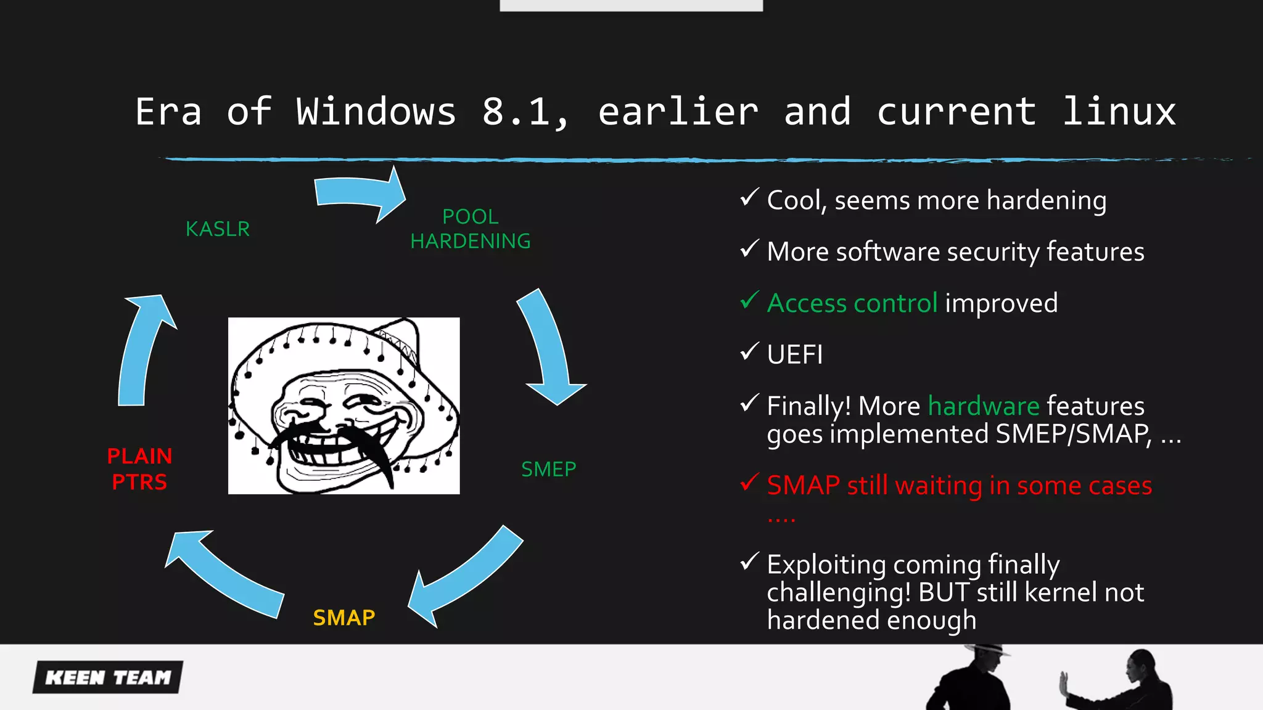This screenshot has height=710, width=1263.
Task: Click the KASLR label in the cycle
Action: coord(218,229)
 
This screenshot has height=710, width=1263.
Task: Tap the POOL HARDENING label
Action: coord(471,229)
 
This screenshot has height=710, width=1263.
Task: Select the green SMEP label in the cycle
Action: coord(548,470)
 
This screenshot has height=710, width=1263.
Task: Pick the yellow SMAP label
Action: coord(344,618)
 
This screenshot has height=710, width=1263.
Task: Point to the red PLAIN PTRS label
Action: coord(139,469)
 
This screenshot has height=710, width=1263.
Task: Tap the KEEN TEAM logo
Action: coord(109,677)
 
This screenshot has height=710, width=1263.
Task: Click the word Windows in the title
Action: coord(376,112)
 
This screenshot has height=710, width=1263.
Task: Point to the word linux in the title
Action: coord(1119,112)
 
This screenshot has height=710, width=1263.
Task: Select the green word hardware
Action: coord(984,406)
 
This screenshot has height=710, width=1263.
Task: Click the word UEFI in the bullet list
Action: coord(795,355)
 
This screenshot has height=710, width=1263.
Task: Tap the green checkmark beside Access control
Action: coord(749,300)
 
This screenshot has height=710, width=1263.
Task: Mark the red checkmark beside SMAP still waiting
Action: coord(749,483)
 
